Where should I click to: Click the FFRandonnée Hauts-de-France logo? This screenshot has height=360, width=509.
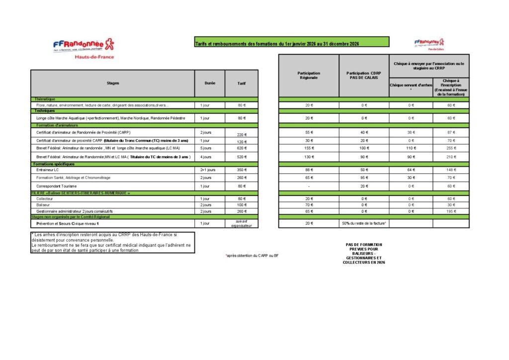coord(84,48)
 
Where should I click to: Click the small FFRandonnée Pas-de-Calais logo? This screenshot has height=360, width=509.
coord(429,44)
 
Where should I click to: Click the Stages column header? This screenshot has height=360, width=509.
coord(113,83)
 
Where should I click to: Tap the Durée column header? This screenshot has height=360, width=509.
coord(210,83)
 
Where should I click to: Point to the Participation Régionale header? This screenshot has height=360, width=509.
coord(309,76)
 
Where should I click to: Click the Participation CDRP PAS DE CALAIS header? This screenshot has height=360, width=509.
coord(364,76)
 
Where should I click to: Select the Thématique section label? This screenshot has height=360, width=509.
coord(45,99)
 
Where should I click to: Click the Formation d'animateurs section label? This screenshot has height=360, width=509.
coord(55,125)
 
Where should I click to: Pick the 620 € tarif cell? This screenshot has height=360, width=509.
coord(242,149)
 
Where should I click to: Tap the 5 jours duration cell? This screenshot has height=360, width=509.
coord(205,149)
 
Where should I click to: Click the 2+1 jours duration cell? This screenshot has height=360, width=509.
coord(207,170)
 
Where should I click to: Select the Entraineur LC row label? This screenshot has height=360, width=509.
coord(47,170)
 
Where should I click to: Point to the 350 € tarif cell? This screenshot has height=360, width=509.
coord(242,170)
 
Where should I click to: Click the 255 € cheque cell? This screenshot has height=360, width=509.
coord(451,149)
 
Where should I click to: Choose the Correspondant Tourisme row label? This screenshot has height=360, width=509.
coord(56,186)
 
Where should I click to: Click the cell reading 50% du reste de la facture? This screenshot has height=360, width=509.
coord(364,223)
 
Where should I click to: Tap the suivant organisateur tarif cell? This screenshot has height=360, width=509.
coord(242,223)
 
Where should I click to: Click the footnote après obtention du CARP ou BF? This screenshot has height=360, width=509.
coord(252,256)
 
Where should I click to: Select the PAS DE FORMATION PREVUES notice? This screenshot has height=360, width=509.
coord(364,253)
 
